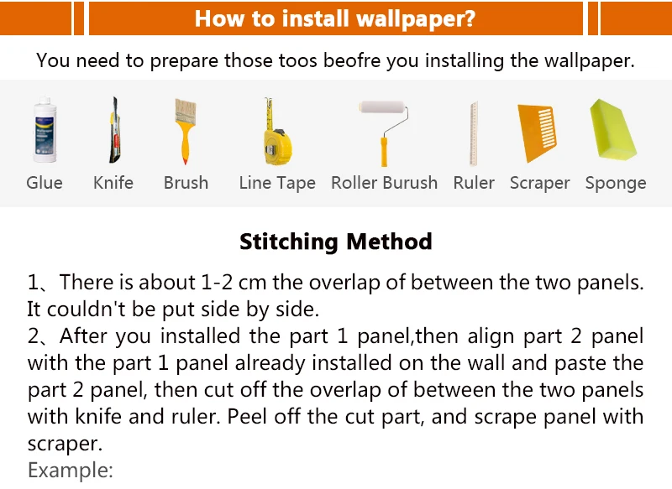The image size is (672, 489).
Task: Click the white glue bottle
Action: point(45,130)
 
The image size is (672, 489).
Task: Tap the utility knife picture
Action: point(114,130)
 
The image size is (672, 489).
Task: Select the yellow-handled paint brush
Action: point(185,132)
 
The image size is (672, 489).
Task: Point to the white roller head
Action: point(382,107)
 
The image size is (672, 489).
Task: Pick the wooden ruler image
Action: point(474,133)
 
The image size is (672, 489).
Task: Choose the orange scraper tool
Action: point(537,133)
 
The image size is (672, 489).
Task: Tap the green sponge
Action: point(613,130)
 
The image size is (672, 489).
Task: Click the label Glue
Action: point(45,183)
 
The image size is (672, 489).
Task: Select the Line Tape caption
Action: point(277,183)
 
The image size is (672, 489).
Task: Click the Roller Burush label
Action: point(385,183)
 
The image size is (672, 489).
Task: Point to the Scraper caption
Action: point(540,183)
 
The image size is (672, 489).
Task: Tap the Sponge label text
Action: point(616,183)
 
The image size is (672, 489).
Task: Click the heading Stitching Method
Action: point(336,242)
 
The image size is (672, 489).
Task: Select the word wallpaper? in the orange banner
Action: point(416,19)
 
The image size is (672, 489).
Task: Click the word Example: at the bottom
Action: point(71,471)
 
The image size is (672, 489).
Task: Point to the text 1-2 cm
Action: point(234,283)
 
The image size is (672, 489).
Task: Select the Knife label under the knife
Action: point(113,183)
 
